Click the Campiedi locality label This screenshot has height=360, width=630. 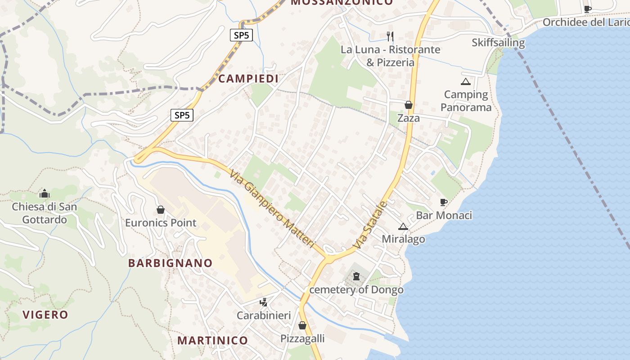tap(248, 79)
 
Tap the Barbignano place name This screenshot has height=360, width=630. tap(170, 263)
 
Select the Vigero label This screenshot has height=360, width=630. tap(45, 315)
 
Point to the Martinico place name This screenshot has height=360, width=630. tap(212, 340)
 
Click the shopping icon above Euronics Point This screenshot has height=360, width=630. tap(160, 210)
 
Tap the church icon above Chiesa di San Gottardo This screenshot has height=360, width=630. tap(45, 194)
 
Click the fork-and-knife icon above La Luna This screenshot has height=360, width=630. tap(390, 36)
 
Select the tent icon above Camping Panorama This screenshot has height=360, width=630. tap(465, 82)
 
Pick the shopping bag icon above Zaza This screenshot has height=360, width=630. tap(409, 105)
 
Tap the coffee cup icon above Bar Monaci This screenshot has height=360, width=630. tap(444, 202)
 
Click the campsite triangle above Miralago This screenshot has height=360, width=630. tap(403, 226)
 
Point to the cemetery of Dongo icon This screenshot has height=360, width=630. tap(356, 276)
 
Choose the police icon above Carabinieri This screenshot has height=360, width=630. tap(264, 302)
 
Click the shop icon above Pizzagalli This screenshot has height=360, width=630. tap(302, 325)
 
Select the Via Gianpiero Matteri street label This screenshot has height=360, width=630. tap(271, 208)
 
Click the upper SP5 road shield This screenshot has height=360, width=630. tap(241, 35)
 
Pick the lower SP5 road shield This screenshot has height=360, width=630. tap(182, 115)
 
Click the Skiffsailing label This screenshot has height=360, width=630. tap(498, 43)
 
